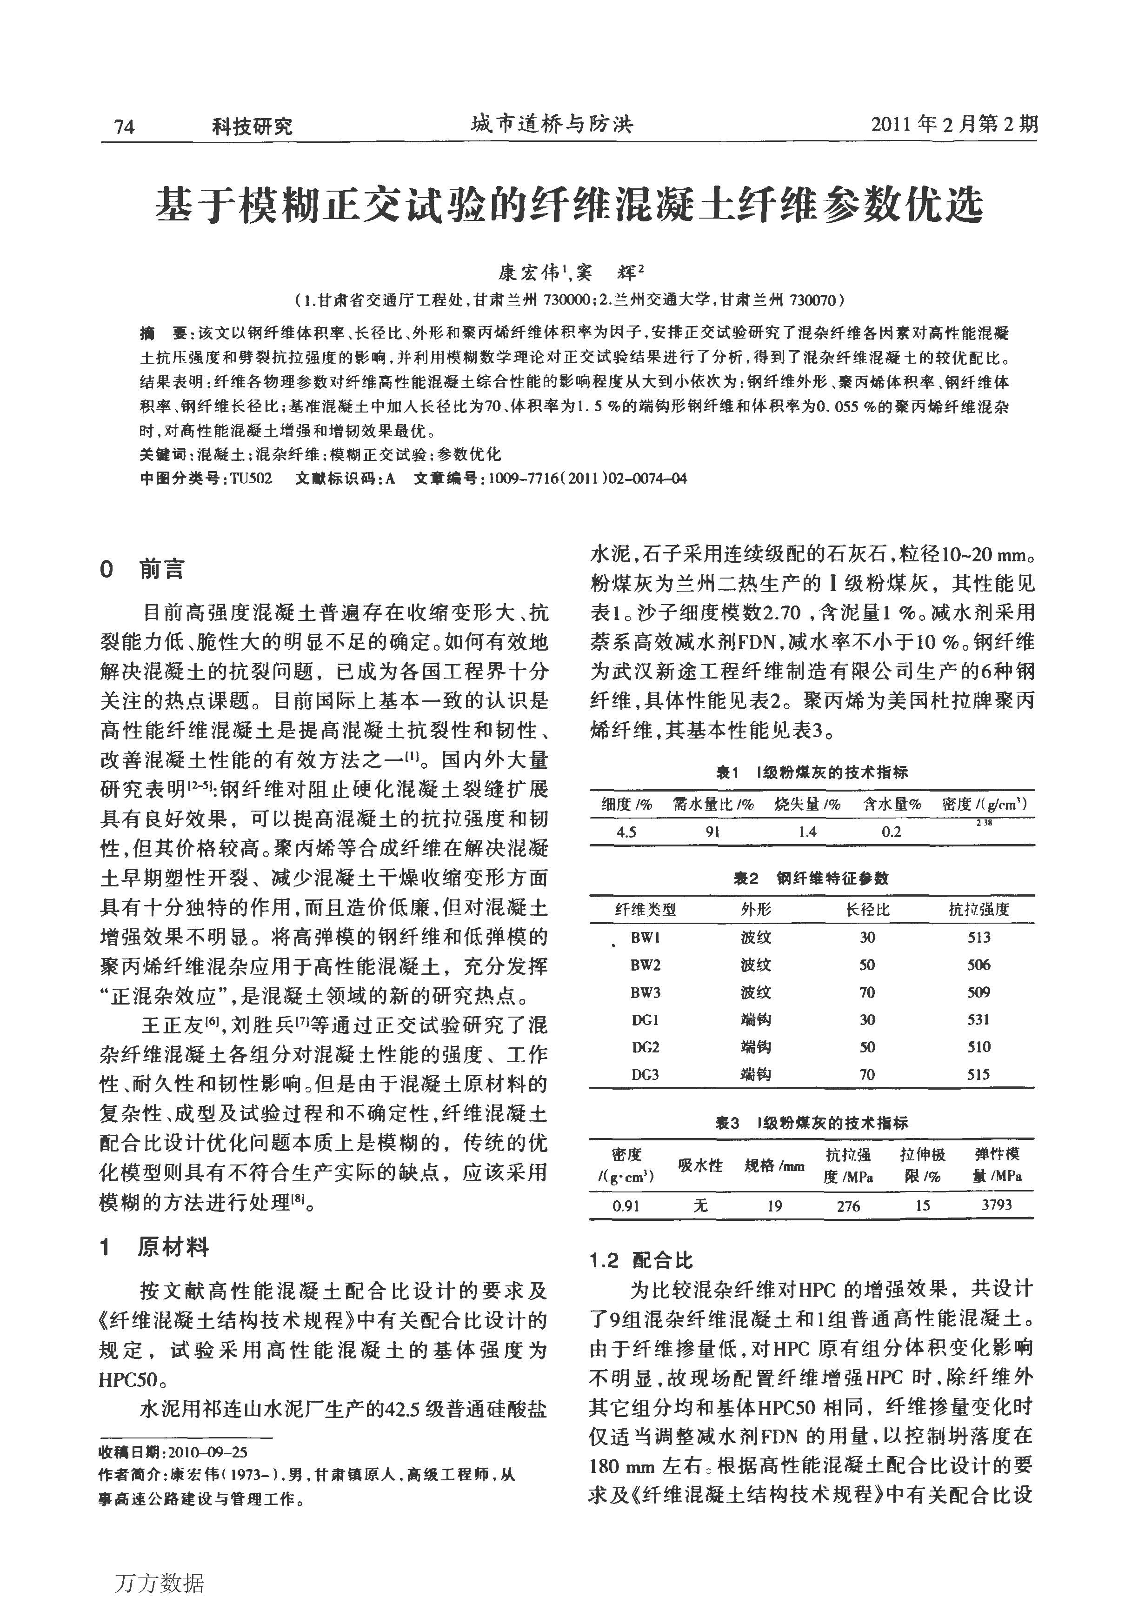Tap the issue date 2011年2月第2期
[x=954, y=125]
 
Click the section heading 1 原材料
[x=155, y=1247]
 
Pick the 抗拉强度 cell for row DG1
[x=979, y=1019]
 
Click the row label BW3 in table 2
[x=645, y=992]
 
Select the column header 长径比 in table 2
[x=867, y=910]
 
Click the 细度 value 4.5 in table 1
[x=626, y=832]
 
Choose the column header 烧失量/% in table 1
[x=807, y=804]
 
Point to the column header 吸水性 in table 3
[x=700, y=1165]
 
